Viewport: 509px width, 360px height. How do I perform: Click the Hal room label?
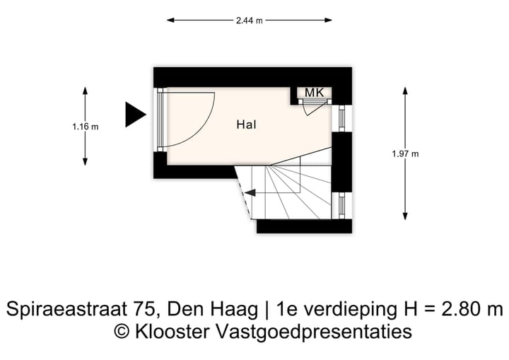(x=246, y=124)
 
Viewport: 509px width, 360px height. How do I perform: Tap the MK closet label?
(x=315, y=93)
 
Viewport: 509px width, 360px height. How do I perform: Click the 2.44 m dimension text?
(x=250, y=21)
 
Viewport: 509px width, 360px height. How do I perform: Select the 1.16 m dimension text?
(x=85, y=127)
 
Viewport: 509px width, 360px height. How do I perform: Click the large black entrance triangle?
(x=134, y=115)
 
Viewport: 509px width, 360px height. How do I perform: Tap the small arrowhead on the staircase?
(x=250, y=192)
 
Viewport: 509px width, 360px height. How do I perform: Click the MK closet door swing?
(x=314, y=106)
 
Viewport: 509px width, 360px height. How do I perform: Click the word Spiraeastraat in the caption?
(x=62, y=309)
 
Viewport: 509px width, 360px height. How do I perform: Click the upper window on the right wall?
(x=342, y=119)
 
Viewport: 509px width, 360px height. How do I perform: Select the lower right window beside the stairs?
(x=342, y=203)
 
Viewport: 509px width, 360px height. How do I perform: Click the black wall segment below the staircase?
(x=304, y=226)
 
